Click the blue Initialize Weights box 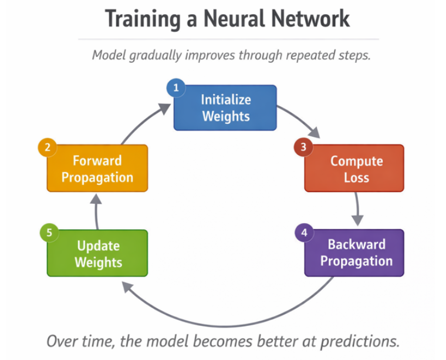(225, 107)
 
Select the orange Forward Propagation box (97, 168)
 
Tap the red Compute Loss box (354, 168)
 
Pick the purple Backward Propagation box (354, 253)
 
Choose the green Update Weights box (97, 253)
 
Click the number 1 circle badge (175, 89)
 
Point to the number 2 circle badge (47, 147)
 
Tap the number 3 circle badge (303, 147)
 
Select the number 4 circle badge (303, 233)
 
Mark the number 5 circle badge (49, 233)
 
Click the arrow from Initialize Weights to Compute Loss (302, 120)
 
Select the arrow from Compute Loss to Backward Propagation (356, 208)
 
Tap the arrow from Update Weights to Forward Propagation (97, 211)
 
